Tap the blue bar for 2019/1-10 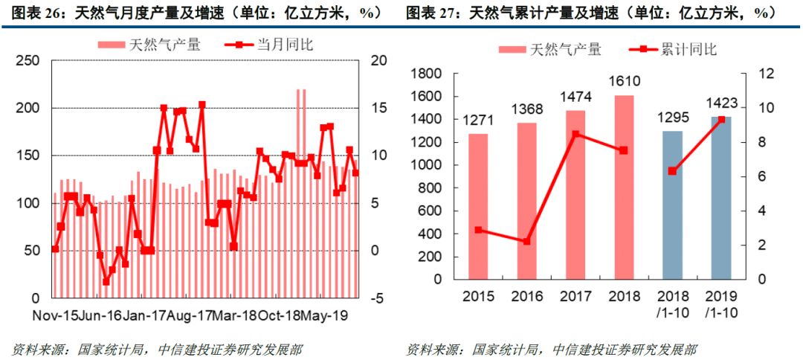(x=720, y=198)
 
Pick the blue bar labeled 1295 (x=672, y=205)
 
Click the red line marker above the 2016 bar (x=526, y=242)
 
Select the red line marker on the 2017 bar (x=575, y=135)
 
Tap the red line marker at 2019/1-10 (x=720, y=120)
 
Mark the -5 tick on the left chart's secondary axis (x=376, y=298)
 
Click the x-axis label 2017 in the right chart (x=575, y=296)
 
